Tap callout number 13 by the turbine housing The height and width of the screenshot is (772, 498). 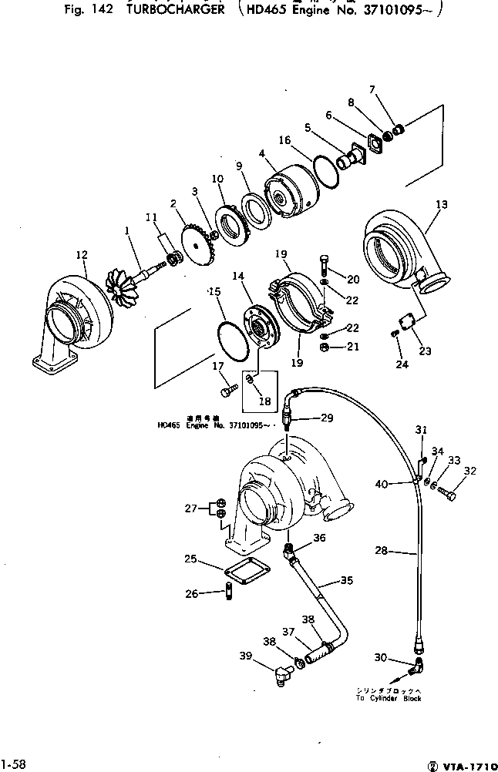pos(441,205)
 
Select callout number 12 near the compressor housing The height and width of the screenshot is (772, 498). pos(82,255)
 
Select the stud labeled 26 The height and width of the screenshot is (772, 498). pos(229,594)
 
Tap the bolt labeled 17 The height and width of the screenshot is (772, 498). pos(225,392)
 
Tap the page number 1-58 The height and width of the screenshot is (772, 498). pos(14,764)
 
